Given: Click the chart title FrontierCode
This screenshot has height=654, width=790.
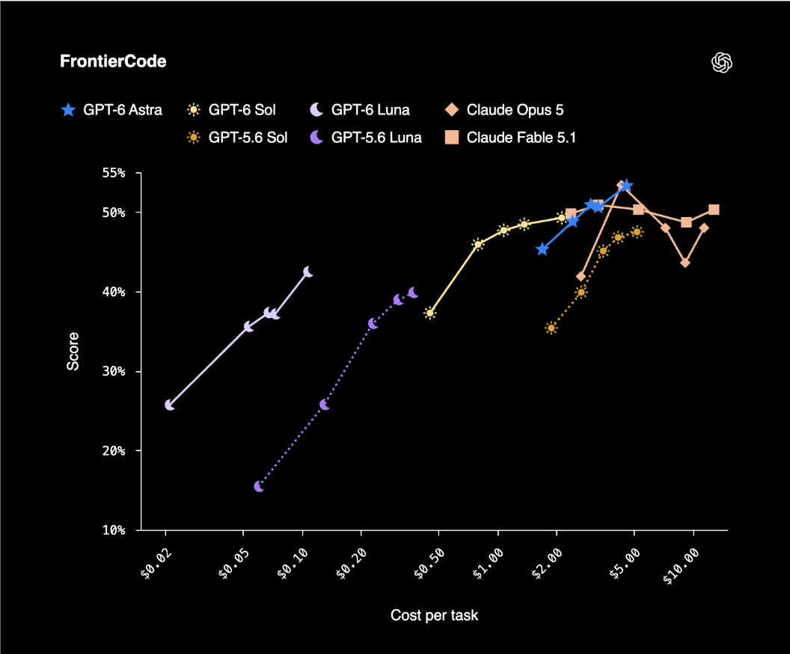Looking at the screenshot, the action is tap(113, 61).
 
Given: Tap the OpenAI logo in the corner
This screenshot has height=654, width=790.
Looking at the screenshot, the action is tap(721, 62).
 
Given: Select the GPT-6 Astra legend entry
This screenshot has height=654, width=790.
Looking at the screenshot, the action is tap(111, 110).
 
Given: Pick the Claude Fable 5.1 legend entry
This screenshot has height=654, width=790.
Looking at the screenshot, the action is tap(510, 138).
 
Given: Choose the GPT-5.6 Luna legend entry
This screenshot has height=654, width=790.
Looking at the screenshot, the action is tap(366, 138).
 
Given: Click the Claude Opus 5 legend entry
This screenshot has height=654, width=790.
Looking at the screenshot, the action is tap(504, 110).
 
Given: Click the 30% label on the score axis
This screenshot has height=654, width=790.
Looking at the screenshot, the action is tap(114, 371).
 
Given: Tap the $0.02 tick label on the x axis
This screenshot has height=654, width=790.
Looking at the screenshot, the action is tap(156, 564).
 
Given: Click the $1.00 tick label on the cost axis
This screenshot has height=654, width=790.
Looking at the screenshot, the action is tap(488, 564).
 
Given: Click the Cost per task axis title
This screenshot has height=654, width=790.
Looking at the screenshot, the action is tap(435, 615).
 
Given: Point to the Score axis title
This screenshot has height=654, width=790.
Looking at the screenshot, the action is tap(73, 351).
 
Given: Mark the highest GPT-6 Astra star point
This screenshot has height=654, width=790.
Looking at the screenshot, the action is tap(625, 186).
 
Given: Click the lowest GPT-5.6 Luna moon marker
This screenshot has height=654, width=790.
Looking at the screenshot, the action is tap(259, 486).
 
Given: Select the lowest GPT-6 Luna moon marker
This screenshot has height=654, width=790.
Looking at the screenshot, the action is tap(170, 405).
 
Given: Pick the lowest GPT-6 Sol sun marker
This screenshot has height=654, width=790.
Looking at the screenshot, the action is tap(429, 314).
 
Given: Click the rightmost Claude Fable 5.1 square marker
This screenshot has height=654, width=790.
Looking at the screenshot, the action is tap(714, 210).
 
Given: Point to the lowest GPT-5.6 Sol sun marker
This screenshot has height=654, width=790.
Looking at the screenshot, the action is tap(551, 328).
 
